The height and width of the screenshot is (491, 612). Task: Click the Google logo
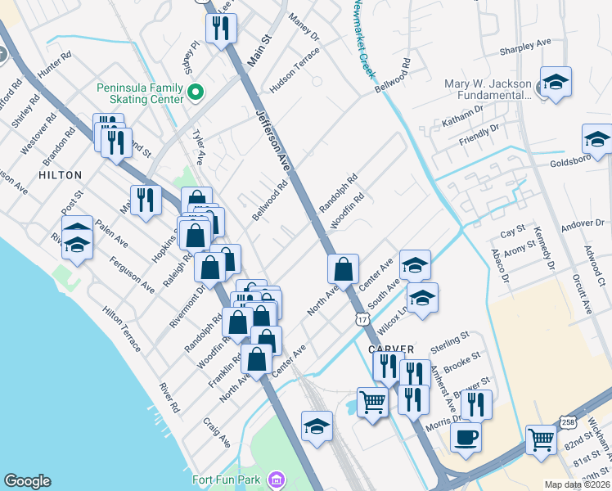click(x=27, y=481)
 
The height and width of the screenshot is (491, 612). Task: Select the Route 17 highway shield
click(x=361, y=319)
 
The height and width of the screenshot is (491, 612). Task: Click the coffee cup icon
click(x=466, y=436)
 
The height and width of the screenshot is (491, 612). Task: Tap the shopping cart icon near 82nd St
click(x=541, y=439)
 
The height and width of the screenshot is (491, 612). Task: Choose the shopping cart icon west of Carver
click(x=373, y=402)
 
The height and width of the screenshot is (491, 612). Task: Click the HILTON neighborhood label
click(x=60, y=175)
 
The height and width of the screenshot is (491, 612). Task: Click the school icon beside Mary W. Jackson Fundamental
click(x=556, y=81)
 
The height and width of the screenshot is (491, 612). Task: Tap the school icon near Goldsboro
click(x=597, y=138)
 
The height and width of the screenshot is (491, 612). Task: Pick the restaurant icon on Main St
click(x=221, y=29)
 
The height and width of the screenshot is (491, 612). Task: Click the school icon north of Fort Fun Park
click(x=317, y=426)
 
